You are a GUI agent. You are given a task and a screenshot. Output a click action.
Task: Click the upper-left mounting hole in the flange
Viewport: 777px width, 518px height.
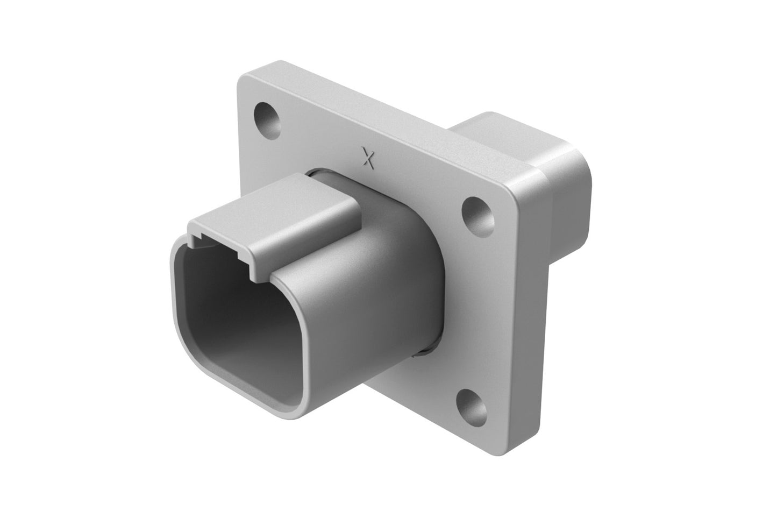267,117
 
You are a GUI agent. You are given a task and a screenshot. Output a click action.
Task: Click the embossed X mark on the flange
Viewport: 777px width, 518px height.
368,158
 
